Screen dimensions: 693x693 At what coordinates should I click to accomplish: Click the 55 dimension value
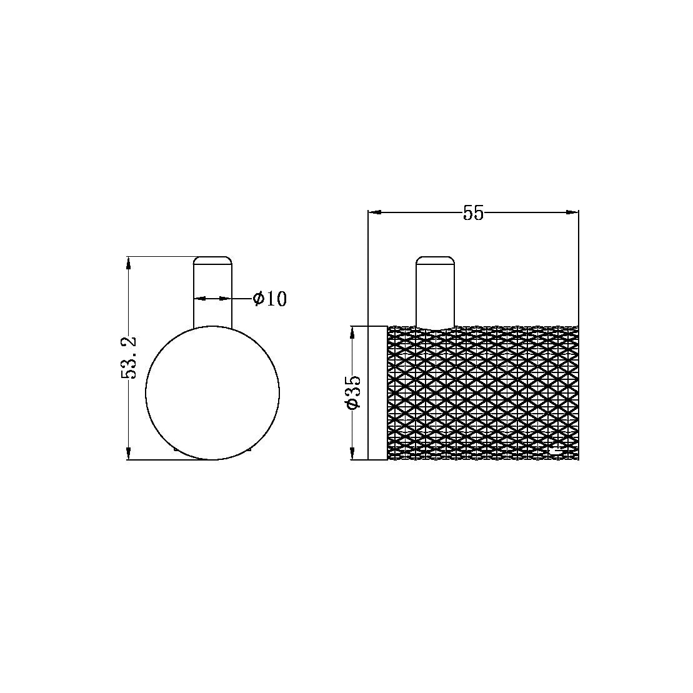click(473, 213)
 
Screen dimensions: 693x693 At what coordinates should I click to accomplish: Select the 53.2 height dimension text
click(129, 357)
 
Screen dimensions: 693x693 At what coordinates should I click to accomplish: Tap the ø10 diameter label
click(270, 299)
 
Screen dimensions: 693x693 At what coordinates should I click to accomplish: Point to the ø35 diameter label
click(352, 392)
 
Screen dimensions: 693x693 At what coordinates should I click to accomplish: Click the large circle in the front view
click(212, 392)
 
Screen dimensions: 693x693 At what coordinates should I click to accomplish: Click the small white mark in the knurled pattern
click(554, 449)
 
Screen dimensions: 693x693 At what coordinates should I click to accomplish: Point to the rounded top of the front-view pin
click(213, 260)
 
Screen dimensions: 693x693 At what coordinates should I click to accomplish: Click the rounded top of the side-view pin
click(435, 260)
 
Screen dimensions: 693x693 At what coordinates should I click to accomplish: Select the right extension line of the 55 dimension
click(579, 269)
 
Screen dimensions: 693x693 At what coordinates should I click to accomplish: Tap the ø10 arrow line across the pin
click(213, 299)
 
